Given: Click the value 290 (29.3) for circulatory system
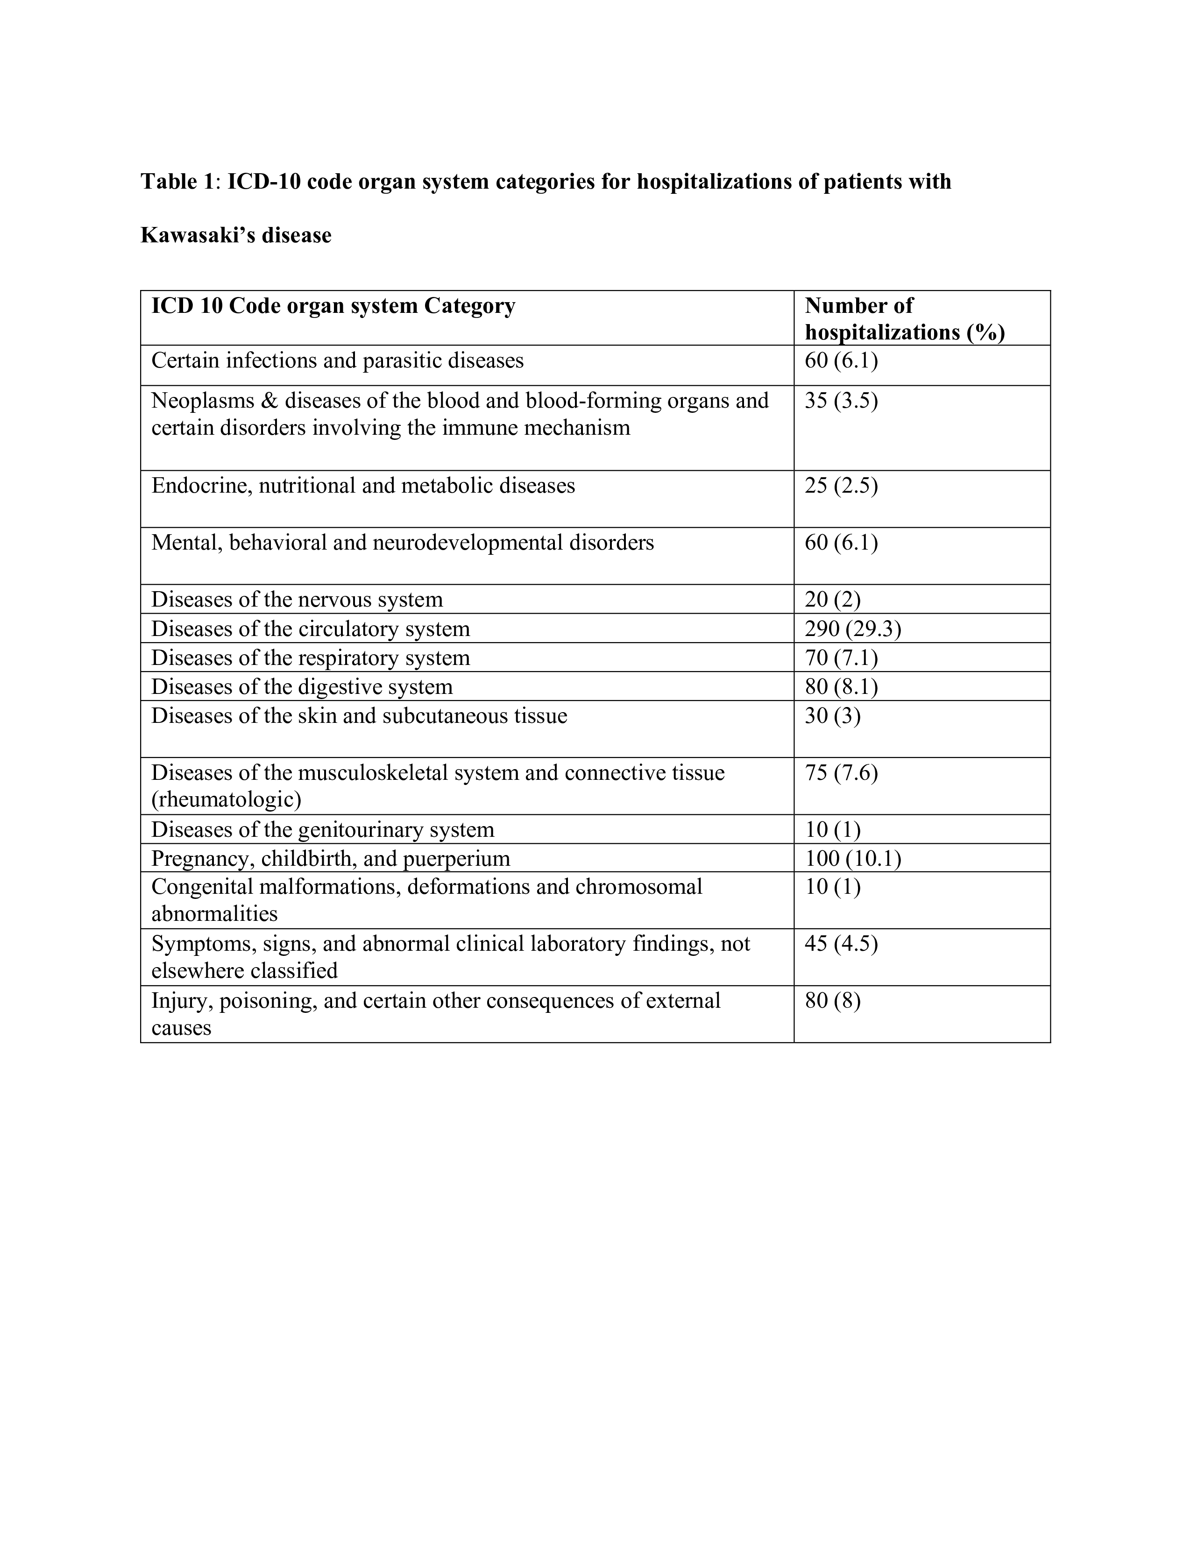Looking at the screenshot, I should tap(852, 629).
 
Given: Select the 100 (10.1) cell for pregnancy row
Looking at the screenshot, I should tap(852, 859).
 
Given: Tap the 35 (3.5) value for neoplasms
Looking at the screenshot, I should tap(841, 401).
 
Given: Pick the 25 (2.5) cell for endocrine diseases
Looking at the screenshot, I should tap(841, 486).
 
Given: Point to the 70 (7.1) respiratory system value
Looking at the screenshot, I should tap(841, 657).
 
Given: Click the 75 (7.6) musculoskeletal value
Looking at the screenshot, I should tap(841, 773).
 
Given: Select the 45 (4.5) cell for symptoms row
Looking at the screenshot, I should tap(841, 944).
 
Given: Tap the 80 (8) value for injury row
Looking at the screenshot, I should tap(833, 1001).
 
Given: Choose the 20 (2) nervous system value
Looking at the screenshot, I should tap(833, 600).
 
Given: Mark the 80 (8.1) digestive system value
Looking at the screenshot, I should tap(841, 686).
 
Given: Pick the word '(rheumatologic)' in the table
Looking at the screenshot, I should tap(226, 799).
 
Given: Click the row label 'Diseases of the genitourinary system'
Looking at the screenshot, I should tap(322, 830).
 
